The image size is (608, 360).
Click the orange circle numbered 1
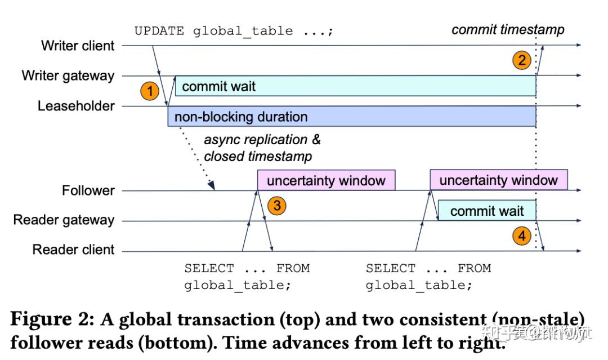(150, 91)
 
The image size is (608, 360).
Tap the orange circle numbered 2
(522, 60)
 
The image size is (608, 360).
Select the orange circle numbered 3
(276, 206)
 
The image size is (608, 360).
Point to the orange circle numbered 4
(522, 236)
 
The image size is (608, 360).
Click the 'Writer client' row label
(78, 46)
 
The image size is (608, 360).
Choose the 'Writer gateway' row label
(68, 75)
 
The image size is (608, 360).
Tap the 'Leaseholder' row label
(76, 106)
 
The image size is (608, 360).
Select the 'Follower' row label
(88, 190)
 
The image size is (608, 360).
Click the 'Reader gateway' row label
(64, 220)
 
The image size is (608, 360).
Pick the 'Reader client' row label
(73, 250)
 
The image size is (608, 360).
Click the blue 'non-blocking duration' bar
(352, 117)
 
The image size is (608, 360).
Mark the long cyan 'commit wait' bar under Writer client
(355, 86)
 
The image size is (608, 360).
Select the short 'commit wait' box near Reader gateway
(487, 211)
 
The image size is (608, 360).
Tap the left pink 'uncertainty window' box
(326, 181)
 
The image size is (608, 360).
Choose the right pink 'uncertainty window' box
(498, 180)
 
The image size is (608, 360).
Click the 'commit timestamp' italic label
(507, 30)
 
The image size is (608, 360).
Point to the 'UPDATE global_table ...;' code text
(234, 31)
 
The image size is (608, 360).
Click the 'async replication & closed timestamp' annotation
(262, 148)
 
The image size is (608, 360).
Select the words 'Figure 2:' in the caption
(52, 319)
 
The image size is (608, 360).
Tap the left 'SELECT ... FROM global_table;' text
(247, 277)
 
